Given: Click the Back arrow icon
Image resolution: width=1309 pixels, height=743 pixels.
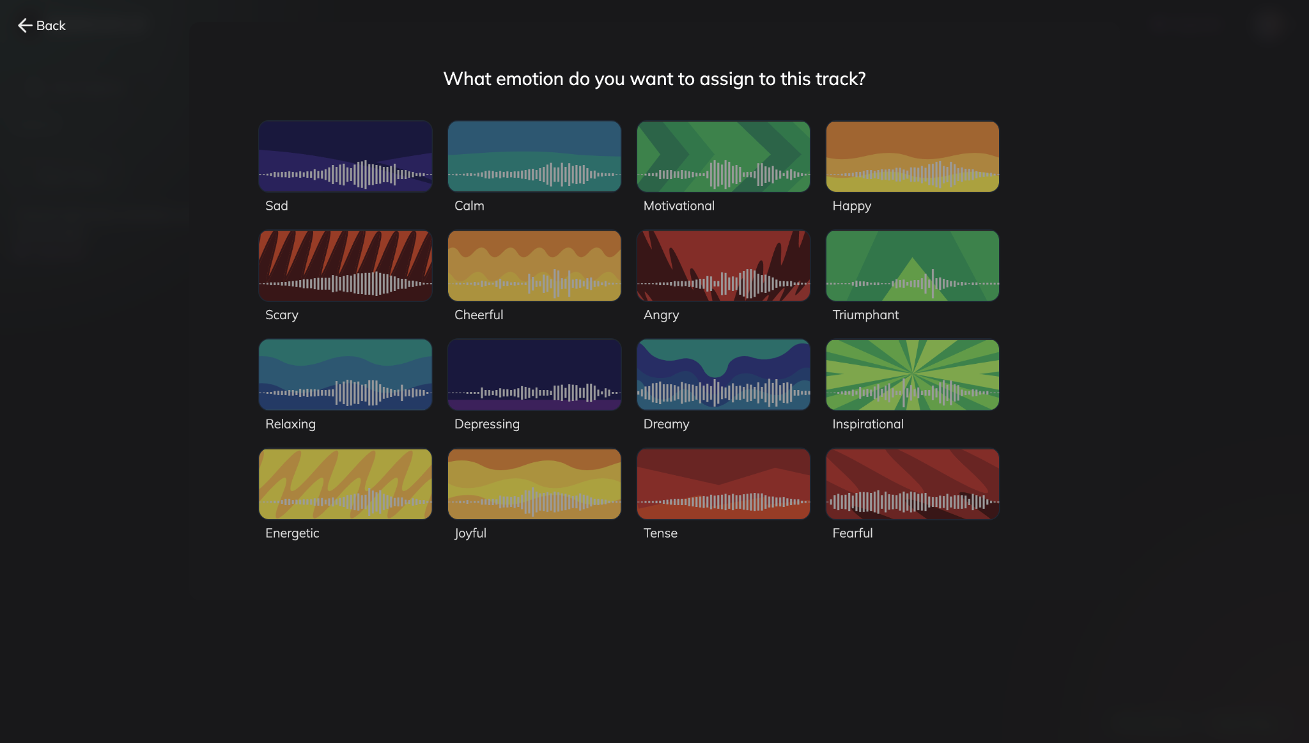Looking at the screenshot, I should pyautogui.click(x=25, y=26).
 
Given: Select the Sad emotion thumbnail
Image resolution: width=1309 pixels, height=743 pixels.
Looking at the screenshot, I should pyautogui.click(x=345, y=157).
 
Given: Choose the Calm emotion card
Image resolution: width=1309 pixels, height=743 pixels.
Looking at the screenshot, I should pyautogui.click(x=534, y=157).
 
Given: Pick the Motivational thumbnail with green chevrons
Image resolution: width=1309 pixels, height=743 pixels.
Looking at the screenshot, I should pyautogui.click(x=723, y=157).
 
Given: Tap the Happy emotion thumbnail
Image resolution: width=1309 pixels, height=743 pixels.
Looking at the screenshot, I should pyautogui.click(x=912, y=157).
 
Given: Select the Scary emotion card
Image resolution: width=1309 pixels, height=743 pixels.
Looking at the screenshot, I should pyautogui.click(x=345, y=266).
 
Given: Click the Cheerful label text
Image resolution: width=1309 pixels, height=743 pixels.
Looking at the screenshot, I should pyautogui.click(x=479, y=315).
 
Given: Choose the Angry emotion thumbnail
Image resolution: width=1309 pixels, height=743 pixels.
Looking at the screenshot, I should pyautogui.click(x=723, y=266).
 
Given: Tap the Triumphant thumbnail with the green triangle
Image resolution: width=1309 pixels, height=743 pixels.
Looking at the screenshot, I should pyautogui.click(x=912, y=266).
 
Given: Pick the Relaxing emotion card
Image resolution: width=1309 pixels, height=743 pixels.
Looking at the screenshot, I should pyautogui.click(x=345, y=375).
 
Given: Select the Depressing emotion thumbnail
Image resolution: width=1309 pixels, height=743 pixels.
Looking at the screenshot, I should pyautogui.click(x=534, y=375).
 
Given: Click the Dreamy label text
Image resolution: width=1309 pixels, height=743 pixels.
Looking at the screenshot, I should pyautogui.click(x=666, y=424).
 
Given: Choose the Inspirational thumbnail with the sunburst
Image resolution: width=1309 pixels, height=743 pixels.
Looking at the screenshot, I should pyautogui.click(x=912, y=375).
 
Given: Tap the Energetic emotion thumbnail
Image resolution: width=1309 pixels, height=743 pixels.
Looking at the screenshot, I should pyautogui.click(x=345, y=484).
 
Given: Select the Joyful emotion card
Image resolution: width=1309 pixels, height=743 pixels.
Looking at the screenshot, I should pyautogui.click(x=534, y=484).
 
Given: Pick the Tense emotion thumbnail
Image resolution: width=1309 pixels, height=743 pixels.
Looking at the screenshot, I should pyautogui.click(x=723, y=484).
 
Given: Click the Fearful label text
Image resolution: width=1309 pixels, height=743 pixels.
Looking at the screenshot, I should pyautogui.click(x=852, y=533).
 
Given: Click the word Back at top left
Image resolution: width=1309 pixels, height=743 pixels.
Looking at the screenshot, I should pyautogui.click(x=51, y=26).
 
